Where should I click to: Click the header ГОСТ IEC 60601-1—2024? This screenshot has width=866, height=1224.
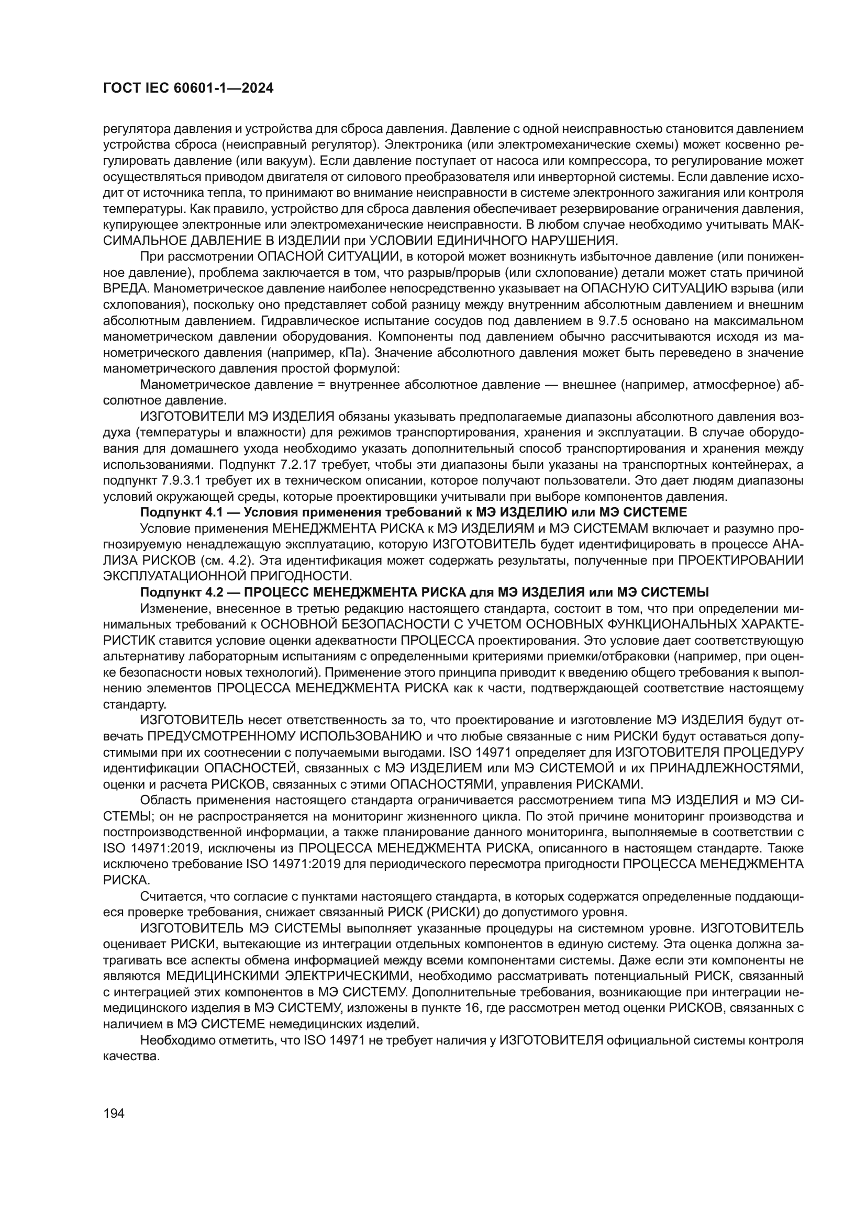(x=188, y=88)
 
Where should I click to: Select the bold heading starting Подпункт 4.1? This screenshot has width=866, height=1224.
(x=413, y=513)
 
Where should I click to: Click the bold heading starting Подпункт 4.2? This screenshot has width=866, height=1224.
(x=424, y=592)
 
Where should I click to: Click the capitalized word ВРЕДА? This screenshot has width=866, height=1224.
(x=122, y=289)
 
